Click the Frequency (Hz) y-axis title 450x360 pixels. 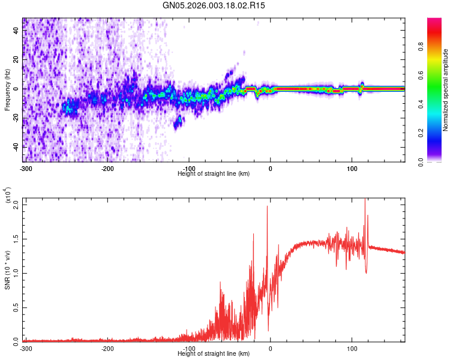click(7, 90)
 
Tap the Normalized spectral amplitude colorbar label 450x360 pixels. click(446, 90)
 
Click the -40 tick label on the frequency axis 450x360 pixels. click(13, 147)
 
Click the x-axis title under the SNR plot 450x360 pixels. click(214, 354)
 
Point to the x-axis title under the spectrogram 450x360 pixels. click(214, 173)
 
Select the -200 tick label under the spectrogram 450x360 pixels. click(107, 168)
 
